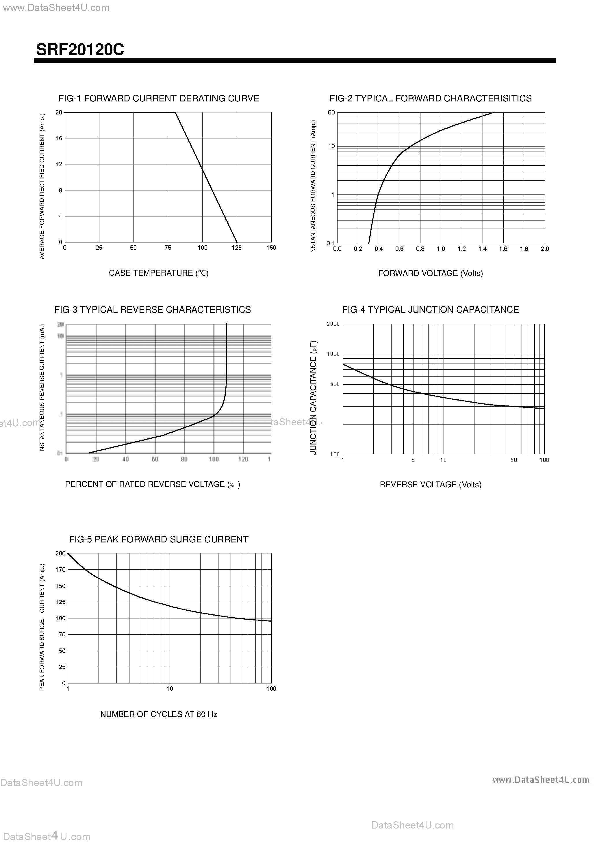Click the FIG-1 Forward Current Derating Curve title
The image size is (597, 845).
[x=159, y=98]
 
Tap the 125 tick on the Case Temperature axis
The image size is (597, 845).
[x=237, y=248]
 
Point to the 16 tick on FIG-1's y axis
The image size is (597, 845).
[x=59, y=138]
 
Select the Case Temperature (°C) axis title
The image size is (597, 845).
[x=159, y=273]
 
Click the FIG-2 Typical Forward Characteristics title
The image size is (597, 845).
[x=430, y=98]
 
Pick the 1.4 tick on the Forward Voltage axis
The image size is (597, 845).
[x=483, y=249]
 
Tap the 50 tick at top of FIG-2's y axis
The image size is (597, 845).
[x=331, y=113]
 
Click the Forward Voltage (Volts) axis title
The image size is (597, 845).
[x=430, y=273]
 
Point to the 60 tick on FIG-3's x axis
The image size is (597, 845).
[x=155, y=459]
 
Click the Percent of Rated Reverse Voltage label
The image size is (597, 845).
[x=152, y=484]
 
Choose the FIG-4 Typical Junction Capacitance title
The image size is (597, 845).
[x=430, y=310]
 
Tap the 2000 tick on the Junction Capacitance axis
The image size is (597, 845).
[x=333, y=324]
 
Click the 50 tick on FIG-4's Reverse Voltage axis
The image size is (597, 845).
[x=513, y=460]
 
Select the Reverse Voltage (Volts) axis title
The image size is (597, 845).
[x=430, y=485]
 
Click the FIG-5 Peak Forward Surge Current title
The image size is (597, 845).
[x=159, y=540]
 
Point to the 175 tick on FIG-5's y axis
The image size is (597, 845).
[x=60, y=570]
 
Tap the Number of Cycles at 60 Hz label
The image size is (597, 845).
[x=159, y=714]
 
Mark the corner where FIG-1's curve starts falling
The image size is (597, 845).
[x=175, y=112]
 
